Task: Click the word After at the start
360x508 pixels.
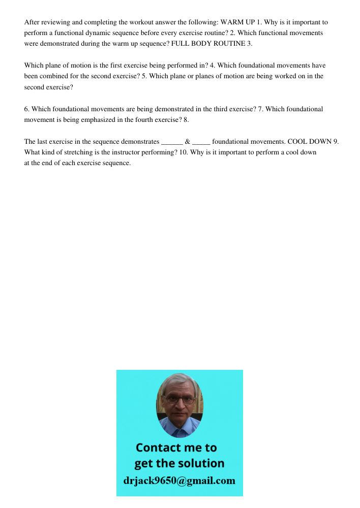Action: pyautogui.click(x=32, y=22)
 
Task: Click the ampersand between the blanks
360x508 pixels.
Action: pyautogui.click(x=188, y=142)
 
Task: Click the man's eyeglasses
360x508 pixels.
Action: pyautogui.click(x=179, y=400)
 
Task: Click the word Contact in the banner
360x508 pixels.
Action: pyautogui.click(x=161, y=448)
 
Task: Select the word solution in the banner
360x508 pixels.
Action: pyautogui.click(x=201, y=463)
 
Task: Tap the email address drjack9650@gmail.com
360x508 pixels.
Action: pyautogui.click(x=179, y=481)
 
